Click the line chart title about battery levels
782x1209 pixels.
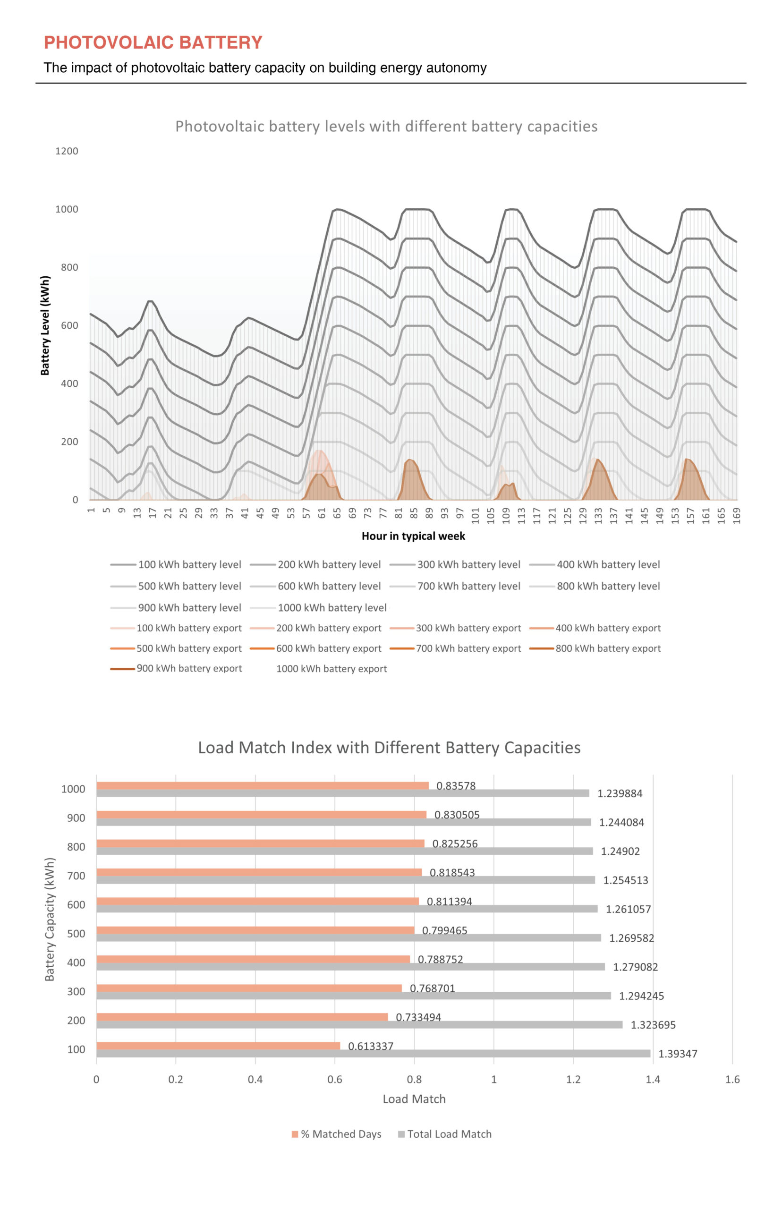pyautogui.click(x=386, y=127)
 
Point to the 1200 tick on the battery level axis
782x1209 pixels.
pyautogui.click(x=67, y=151)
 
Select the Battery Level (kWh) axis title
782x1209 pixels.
pyautogui.click(x=45, y=325)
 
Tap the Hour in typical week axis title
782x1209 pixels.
pyautogui.click(x=413, y=536)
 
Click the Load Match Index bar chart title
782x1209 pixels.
pyautogui.click(x=389, y=748)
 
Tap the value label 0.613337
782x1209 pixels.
pyautogui.click(x=370, y=1046)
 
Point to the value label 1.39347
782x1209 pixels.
pyautogui.click(x=677, y=1054)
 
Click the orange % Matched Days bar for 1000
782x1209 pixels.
pyautogui.click(x=262, y=785)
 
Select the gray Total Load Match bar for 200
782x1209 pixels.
pyautogui.click(x=359, y=1025)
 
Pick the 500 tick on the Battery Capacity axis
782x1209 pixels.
pyautogui.click(x=76, y=934)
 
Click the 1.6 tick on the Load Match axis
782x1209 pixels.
pyautogui.click(x=732, y=1080)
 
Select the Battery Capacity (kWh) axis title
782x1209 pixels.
pyautogui.click(x=49, y=920)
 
